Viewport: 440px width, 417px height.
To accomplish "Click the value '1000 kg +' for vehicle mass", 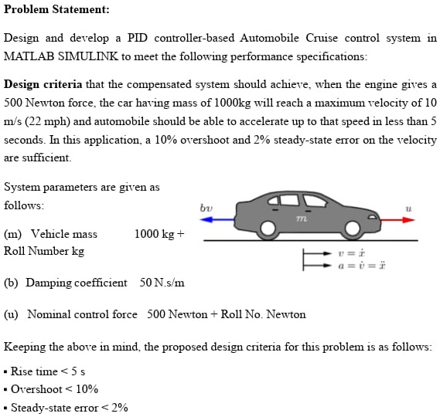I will click(160, 234).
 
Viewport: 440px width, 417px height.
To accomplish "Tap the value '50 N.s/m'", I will click(162, 283).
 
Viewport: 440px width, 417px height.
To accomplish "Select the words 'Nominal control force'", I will click(83, 314).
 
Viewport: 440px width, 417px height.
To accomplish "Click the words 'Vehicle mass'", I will click(63, 234).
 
